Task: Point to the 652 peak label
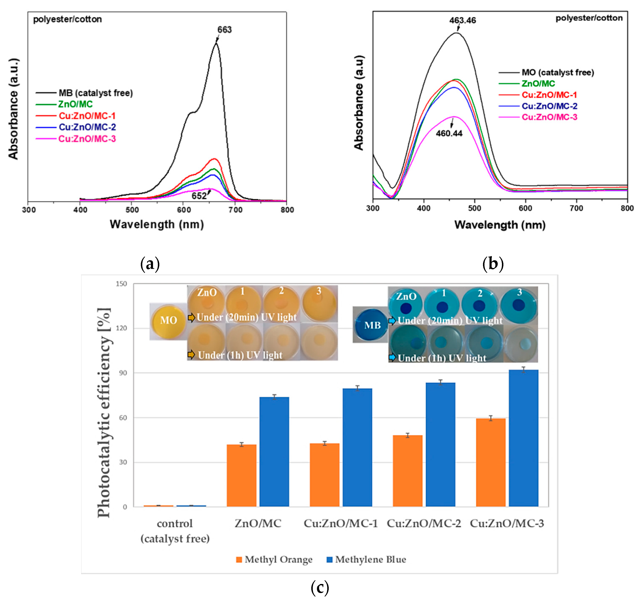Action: tap(199, 196)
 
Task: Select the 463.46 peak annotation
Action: tap(462, 20)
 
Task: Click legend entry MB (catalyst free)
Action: tap(95, 93)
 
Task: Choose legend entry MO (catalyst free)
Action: tap(558, 72)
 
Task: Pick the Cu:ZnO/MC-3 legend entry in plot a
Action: tap(87, 139)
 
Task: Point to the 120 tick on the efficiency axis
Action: tap(121, 328)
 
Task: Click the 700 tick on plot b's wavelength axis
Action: tap(576, 208)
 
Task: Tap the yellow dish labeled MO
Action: tap(168, 320)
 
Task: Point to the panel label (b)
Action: tap(492, 264)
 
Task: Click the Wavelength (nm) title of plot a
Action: tap(157, 224)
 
